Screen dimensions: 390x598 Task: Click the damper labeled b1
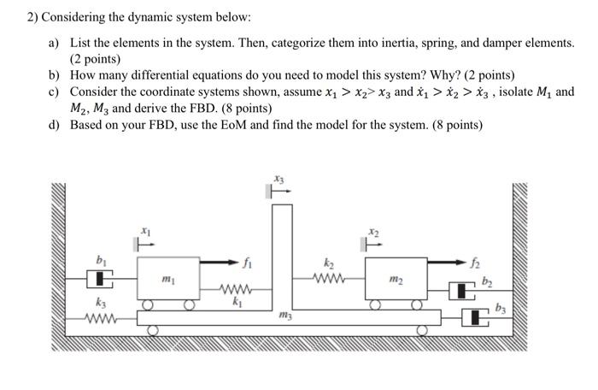point(103,279)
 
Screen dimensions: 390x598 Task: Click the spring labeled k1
point(232,288)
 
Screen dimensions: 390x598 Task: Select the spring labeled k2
point(329,279)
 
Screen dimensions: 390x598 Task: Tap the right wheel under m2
point(418,304)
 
